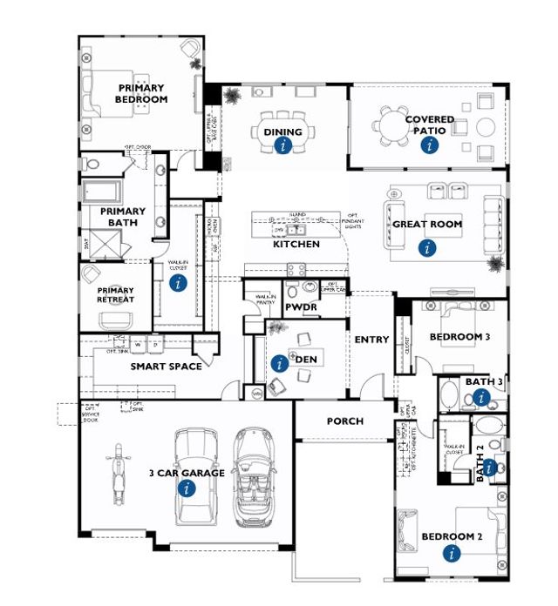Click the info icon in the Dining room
(282, 146)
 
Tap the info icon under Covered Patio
(427, 145)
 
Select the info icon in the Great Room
(426, 248)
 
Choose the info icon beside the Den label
(278, 363)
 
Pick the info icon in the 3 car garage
(185, 489)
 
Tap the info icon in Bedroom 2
(451, 552)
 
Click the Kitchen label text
(296, 245)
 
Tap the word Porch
(344, 421)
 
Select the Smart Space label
(167, 367)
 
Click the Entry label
(371, 340)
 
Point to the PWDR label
(300, 308)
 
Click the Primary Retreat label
(116, 295)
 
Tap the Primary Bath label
(122, 217)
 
